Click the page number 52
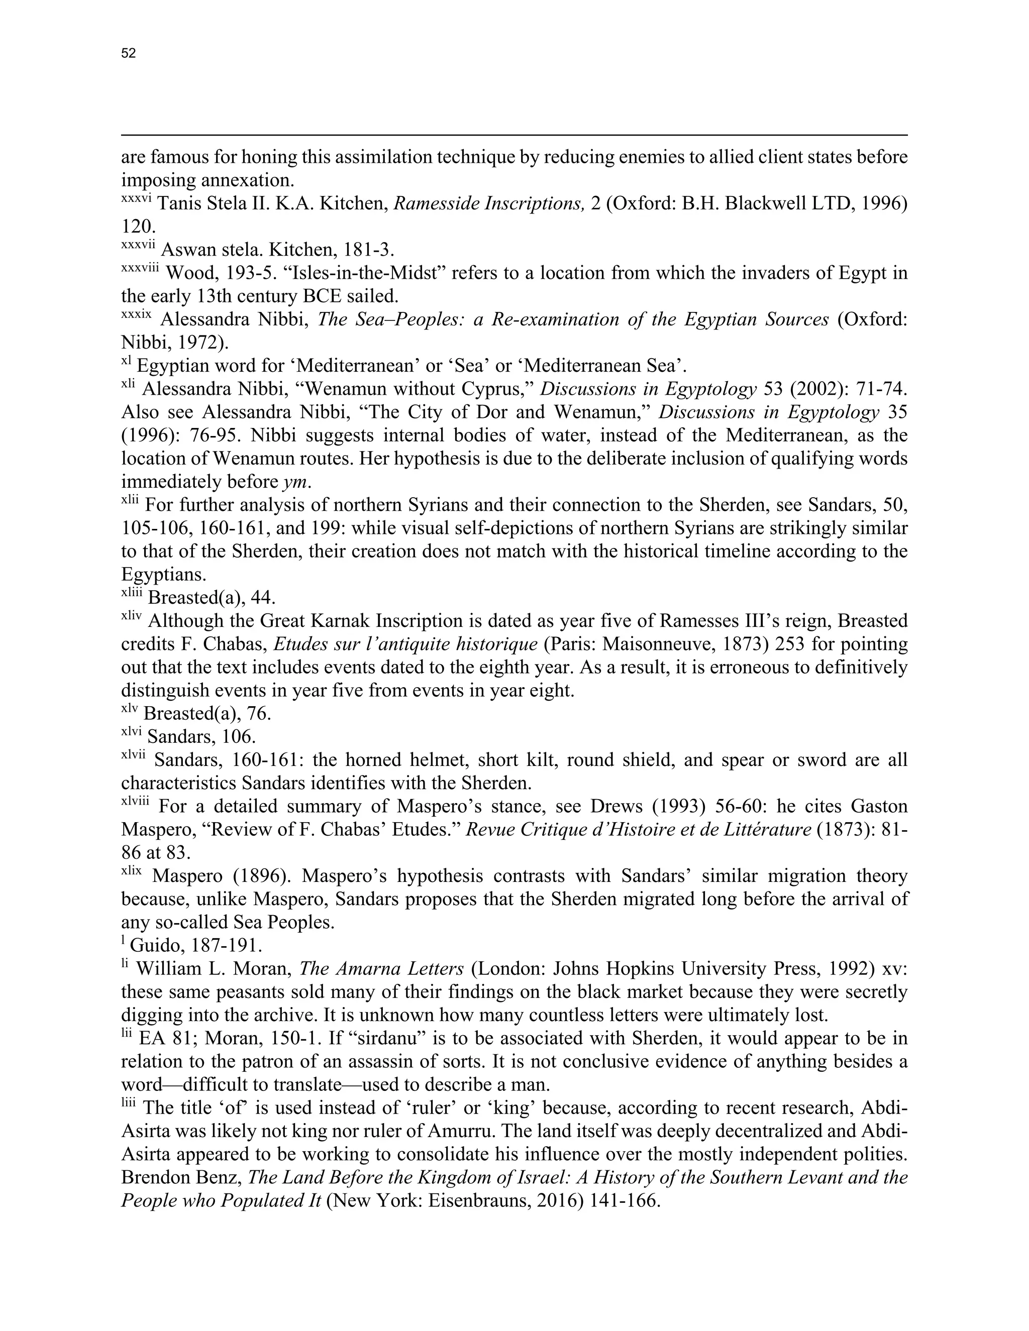pyautogui.click(x=129, y=54)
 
